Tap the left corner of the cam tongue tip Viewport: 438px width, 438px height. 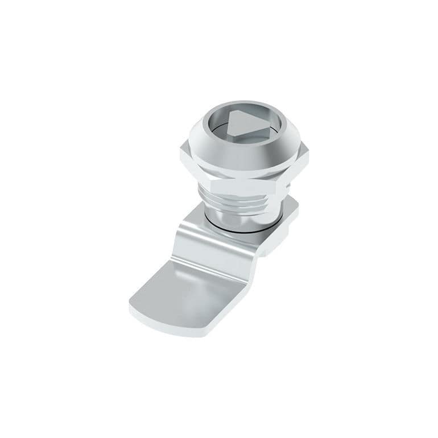click(x=131, y=307)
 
